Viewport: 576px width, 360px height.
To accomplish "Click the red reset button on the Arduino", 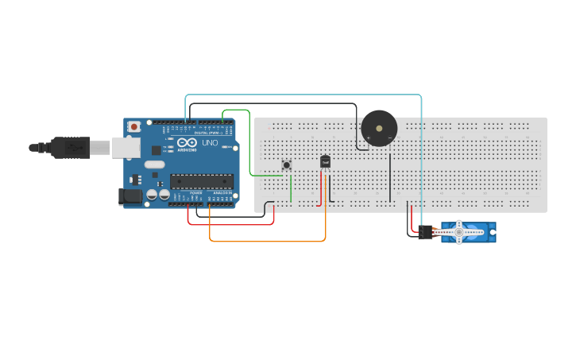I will (x=135, y=126).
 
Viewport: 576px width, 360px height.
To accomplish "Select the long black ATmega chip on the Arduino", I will (x=201, y=181).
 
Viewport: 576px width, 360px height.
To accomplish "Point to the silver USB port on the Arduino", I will (x=125, y=147).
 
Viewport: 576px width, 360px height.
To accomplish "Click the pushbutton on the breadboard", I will (x=287, y=165).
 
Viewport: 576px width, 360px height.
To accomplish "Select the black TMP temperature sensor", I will (x=325, y=161).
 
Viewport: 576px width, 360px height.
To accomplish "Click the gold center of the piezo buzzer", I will (x=379, y=128).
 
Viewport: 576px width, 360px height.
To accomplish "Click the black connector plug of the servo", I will (x=426, y=232).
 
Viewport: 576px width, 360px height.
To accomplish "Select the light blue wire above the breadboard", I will (x=302, y=95).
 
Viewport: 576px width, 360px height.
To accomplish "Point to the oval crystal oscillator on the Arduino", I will (x=154, y=165).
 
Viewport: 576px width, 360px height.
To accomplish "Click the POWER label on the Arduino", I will (x=195, y=193).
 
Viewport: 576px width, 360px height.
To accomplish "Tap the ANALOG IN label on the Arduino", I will (x=222, y=193).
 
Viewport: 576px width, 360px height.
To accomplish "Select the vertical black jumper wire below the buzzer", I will (x=390, y=175).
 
